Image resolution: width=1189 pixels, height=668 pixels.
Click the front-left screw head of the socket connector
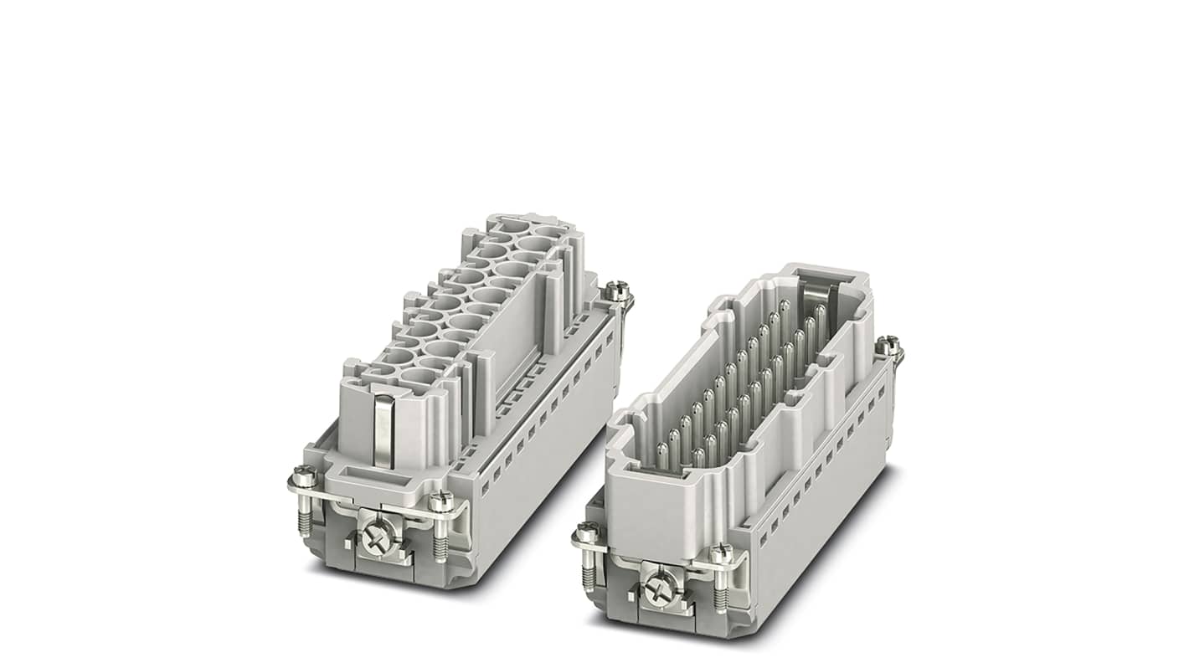tap(303, 478)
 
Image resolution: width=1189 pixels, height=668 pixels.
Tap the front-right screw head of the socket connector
tap(440, 501)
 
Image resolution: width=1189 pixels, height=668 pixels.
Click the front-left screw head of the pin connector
tap(587, 532)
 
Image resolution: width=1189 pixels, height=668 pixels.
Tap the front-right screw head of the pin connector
tap(721, 554)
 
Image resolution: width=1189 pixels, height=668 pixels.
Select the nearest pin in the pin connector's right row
tap(700, 456)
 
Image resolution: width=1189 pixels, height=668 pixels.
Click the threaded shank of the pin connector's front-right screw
tap(721, 590)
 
